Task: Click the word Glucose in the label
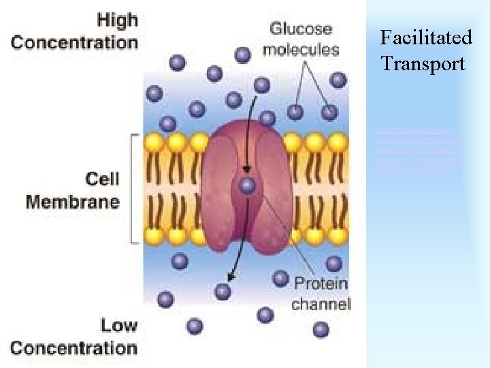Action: (301, 29)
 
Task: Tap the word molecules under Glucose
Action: (301, 49)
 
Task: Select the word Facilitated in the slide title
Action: (426, 37)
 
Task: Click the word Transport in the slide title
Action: (423, 64)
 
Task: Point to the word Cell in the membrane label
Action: (102, 179)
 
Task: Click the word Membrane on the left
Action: (73, 201)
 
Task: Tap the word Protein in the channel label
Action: (321, 283)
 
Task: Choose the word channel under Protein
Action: (321, 304)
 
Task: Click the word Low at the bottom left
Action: (118, 325)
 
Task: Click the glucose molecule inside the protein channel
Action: (248, 185)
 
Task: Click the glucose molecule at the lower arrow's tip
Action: (222, 291)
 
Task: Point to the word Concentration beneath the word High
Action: (74, 42)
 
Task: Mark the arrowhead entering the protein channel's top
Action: (246, 169)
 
